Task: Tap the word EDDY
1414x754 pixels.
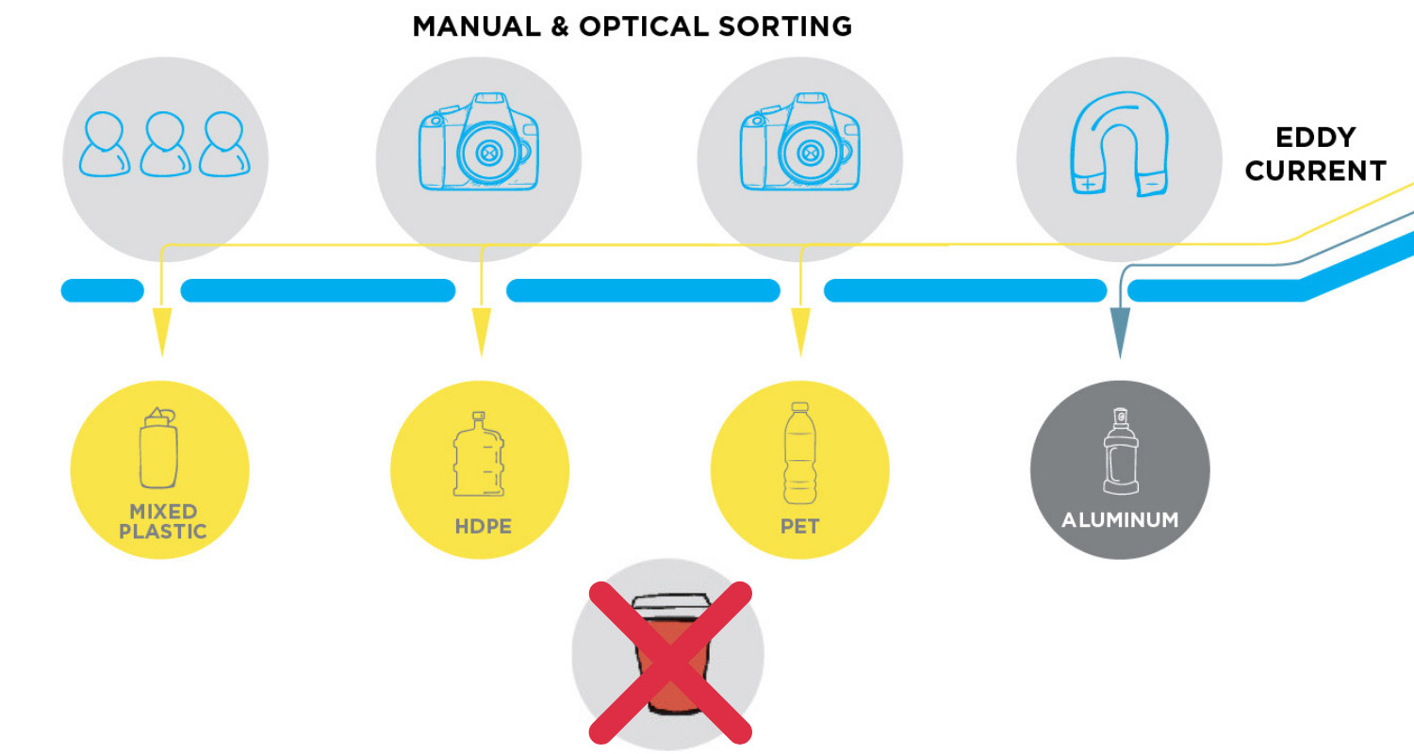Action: click(1315, 138)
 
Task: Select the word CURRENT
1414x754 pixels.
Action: click(1316, 172)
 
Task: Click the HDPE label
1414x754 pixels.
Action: click(483, 526)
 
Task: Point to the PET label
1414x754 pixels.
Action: click(799, 525)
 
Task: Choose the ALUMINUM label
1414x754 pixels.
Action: click(1120, 520)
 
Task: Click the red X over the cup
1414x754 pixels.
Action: click(670, 661)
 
